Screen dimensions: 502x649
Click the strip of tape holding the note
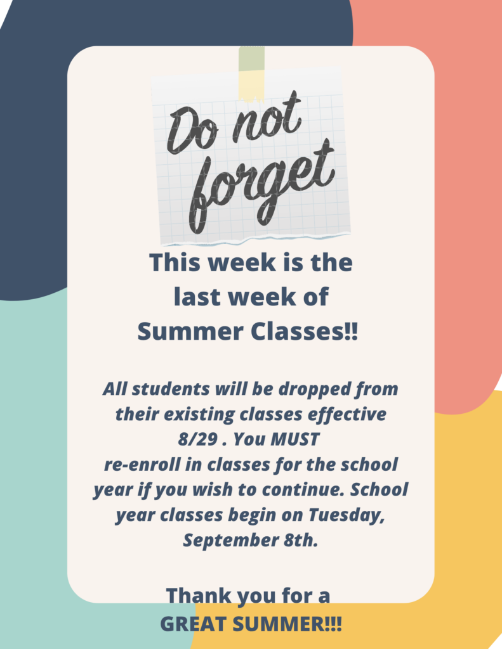click(251, 74)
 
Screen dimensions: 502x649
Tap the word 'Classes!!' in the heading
click(305, 332)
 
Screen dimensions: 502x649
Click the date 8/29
click(198, 440)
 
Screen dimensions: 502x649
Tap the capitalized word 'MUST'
click(294, 440)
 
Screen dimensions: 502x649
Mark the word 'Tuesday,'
click(347, 516)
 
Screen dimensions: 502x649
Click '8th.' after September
click(301, 540)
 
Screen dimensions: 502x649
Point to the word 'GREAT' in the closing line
click(193, 624)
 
